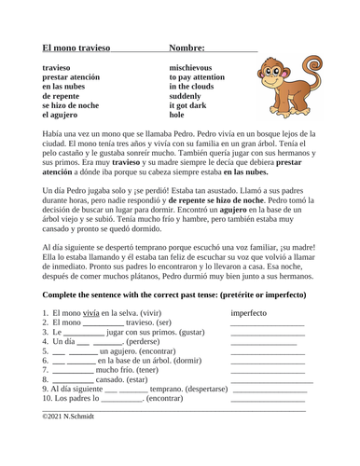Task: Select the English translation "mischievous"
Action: coord(198,68)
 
